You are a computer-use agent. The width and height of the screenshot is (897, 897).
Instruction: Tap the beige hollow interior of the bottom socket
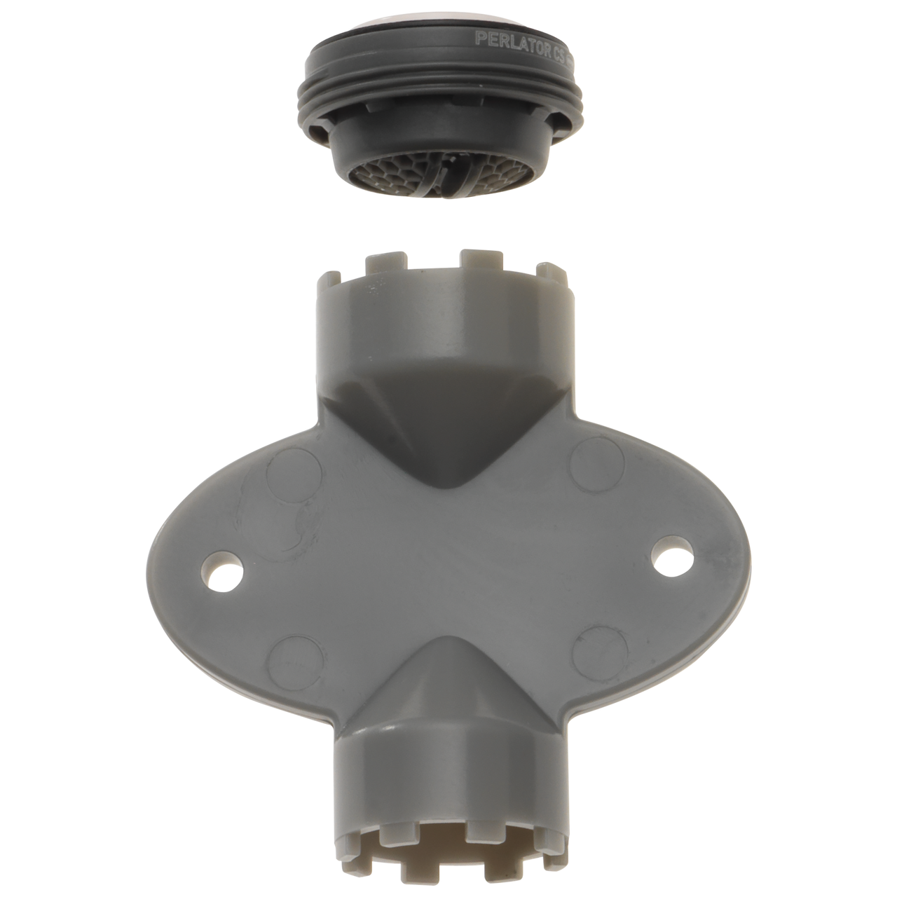click(448, 834)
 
